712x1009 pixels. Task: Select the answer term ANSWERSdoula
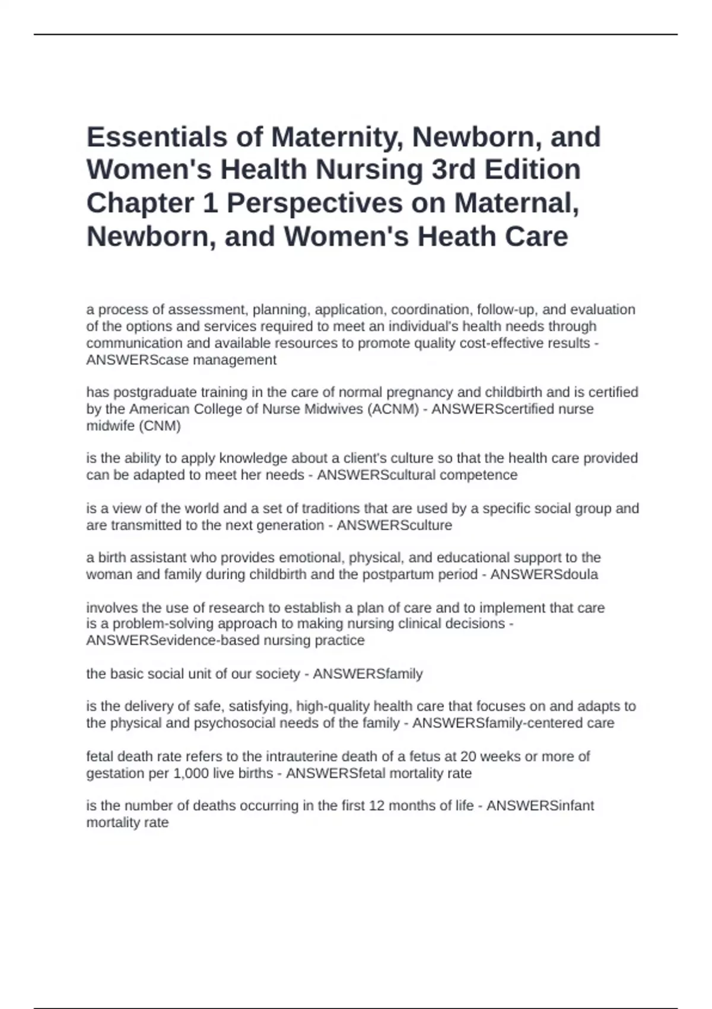(544, 575)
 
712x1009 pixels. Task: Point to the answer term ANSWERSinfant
(540, 806)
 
